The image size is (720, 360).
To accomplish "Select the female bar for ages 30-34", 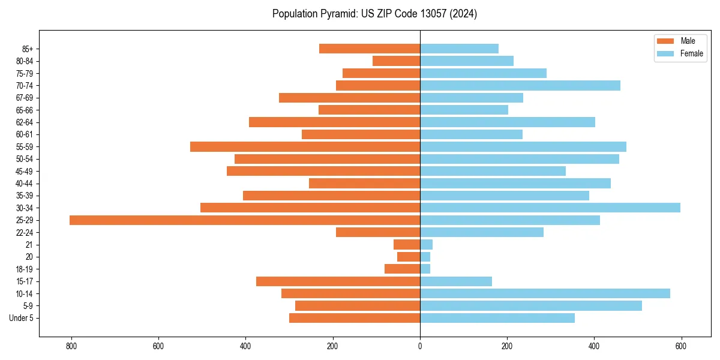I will (x=550, y=208).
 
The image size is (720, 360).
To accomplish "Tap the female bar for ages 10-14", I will (x=545, y=293).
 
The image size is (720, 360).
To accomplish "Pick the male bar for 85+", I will (x=370, y=49).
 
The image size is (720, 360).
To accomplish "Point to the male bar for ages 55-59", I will (x=305, y=146).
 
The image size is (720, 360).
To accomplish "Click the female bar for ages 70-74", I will (x=520, y=85).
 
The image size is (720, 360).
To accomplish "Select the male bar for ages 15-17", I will (x=338, y=281).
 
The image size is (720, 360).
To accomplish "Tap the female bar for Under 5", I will (x=497, y=318).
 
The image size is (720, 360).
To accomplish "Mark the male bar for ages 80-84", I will (x=396, y=61).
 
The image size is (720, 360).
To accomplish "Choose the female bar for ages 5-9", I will (x=530, y=306).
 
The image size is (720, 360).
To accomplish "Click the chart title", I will (x=374, y=14).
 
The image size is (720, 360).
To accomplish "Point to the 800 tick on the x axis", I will (x=71, y=346).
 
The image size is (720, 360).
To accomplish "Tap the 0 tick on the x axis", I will (x=420, y=346).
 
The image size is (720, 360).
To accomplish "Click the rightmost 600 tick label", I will (x=681, y=346).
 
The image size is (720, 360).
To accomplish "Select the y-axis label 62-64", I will (x=25, y=122).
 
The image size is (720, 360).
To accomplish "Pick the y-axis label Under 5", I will (x=21, y=318).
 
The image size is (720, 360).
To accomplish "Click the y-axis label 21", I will (x=29, y=245).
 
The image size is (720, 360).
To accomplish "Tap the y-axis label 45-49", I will (x=25, y=171).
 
